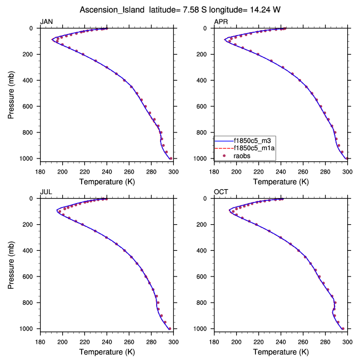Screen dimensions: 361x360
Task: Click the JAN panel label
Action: pos(46,22)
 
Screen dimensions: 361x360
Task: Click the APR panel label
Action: pos(221,22)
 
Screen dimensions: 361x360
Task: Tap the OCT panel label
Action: pos(221,192)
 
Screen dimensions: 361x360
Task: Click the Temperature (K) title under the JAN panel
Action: pos(107,181)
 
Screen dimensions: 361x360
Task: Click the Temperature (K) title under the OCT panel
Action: pos(281,352)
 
